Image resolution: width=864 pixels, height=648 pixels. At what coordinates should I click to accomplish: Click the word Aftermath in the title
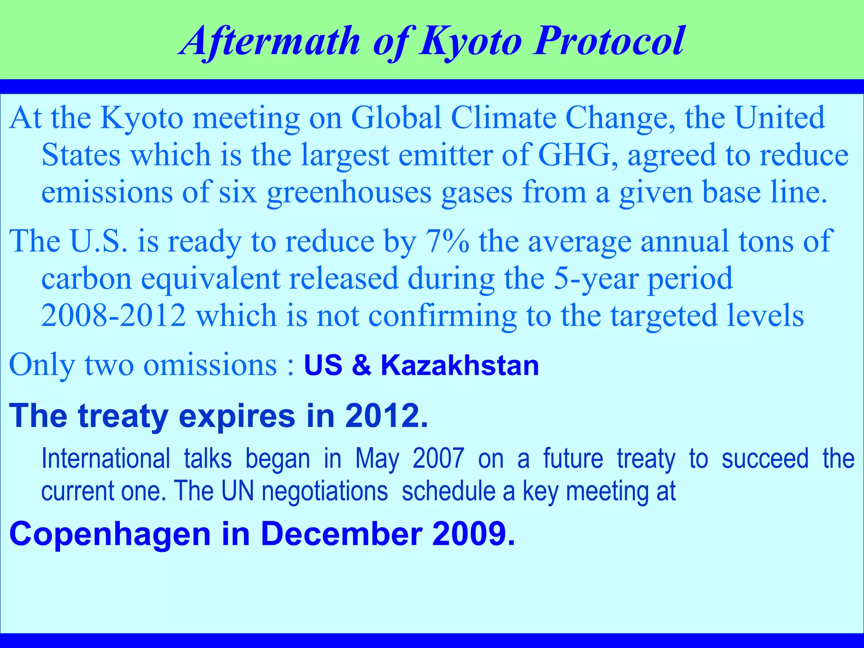pos(270,41)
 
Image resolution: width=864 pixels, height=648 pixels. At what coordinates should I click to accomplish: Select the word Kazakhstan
pos(460,365)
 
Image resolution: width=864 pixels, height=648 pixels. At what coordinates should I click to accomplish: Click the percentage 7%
pos(447,241)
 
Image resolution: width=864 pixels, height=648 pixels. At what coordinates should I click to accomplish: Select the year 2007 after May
pos(438,459)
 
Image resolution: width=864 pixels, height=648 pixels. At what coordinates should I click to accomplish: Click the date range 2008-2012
pos(113,316)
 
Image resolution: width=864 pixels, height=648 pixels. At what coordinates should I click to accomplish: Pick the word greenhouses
pos(349,192)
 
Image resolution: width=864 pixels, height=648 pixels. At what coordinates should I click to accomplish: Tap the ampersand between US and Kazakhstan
pos(362,365)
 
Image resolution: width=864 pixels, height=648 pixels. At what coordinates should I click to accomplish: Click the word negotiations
pos(324,492)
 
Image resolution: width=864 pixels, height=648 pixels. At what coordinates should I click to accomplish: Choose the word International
pos(106,459)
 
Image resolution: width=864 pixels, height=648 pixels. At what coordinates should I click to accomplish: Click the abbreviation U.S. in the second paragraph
pos(98,241)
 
